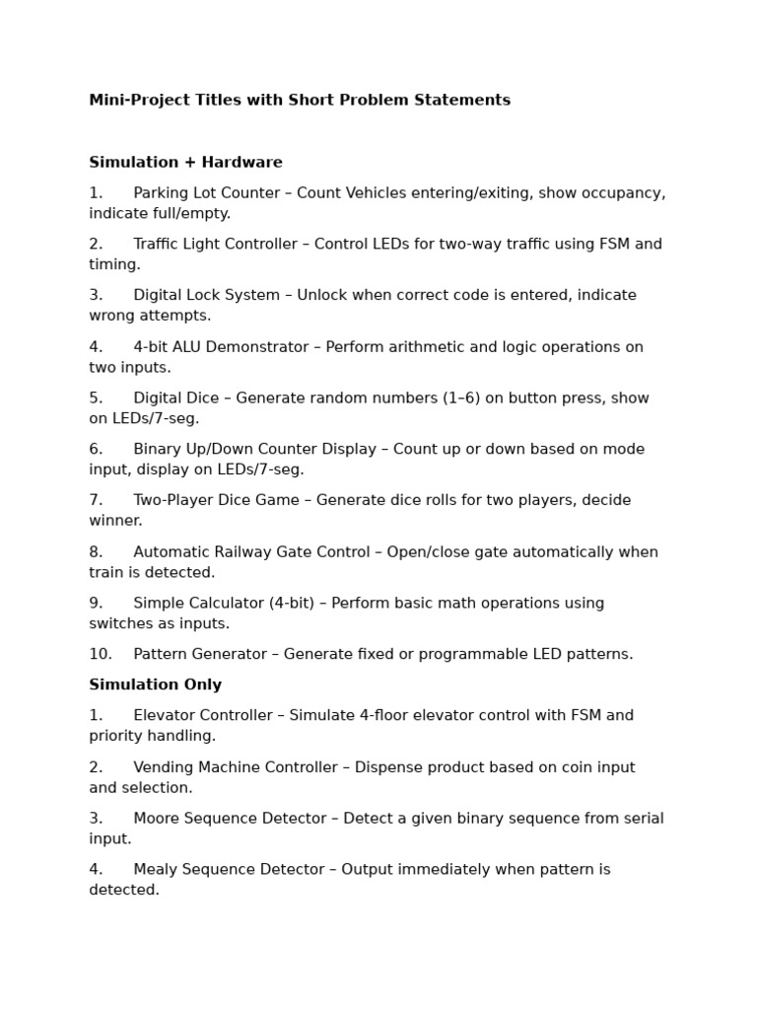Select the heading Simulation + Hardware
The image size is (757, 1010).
tap(185, 163)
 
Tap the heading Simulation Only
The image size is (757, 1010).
tap(155, 685)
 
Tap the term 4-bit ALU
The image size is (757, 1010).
tap(168, 347)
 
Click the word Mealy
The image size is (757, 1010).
tap(157, 870)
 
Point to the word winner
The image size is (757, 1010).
tap(115, 521)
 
